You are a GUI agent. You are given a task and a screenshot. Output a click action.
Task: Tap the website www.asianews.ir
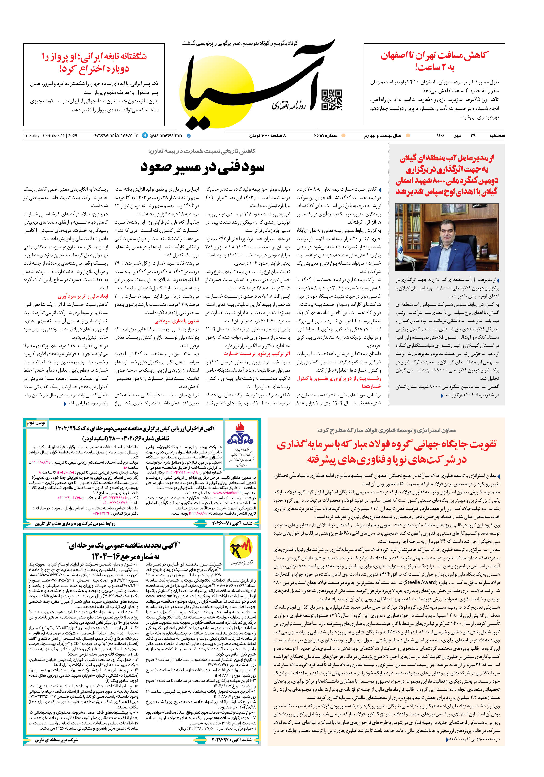[116, 135]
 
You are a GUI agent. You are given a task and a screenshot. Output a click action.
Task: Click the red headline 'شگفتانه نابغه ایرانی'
[94, 63]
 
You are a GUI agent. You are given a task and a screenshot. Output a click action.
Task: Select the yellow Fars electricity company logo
[241, 547]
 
